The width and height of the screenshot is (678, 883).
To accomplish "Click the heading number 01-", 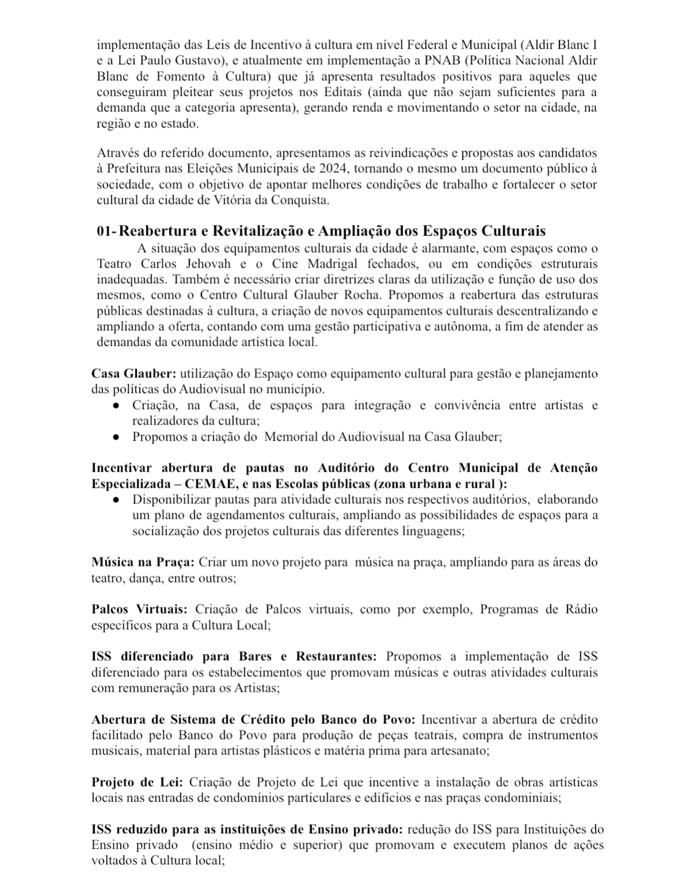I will click(x=106, y=232).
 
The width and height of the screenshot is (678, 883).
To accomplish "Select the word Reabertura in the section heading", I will click(x=154, y=232).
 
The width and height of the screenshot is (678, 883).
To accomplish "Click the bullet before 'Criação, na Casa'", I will click(x=116, y=406).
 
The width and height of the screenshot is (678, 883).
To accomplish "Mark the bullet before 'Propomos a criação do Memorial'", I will click(x=116, y=437).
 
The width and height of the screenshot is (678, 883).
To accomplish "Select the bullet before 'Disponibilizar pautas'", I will click(x=116, y=500).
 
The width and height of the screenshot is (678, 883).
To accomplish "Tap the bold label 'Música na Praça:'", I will click(x=143, y=562).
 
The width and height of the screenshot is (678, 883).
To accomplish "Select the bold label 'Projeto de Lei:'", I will click(x=137, y=782).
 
